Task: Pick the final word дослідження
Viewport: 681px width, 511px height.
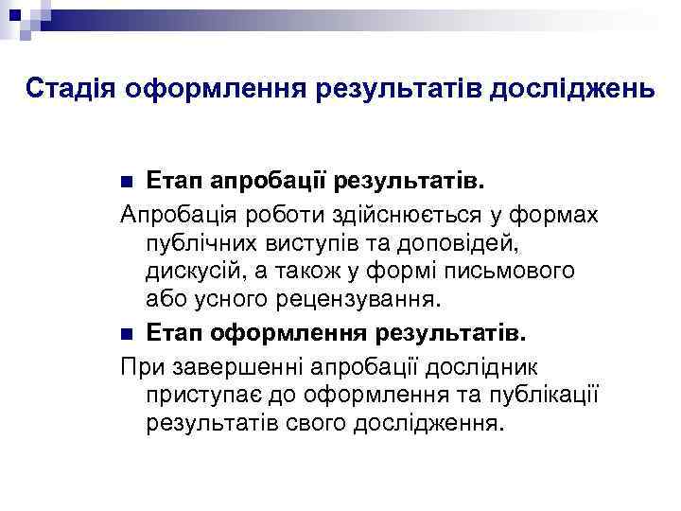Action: (x=426, y=421)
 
